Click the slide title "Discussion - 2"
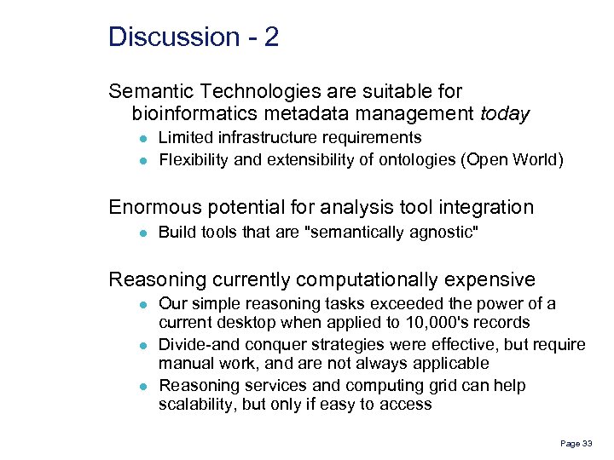(x=194, y=37)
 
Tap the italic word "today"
(x=505, y=113)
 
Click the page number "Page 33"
(x=575, y=444)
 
